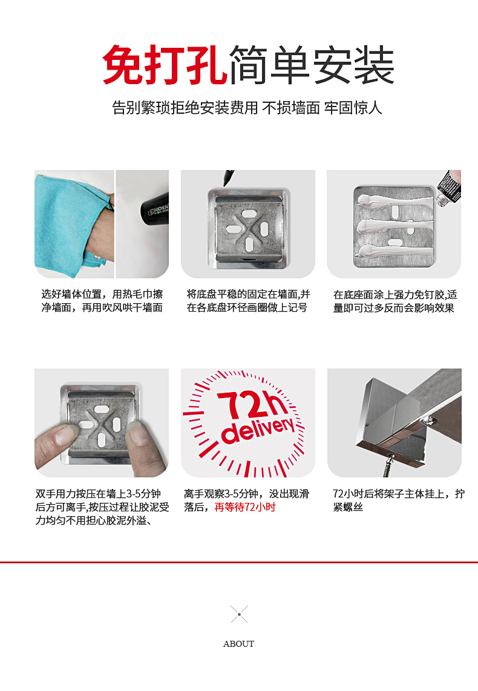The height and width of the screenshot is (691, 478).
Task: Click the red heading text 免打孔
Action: coord(165,65)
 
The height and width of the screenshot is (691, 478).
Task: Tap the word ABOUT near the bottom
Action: coord(239,644)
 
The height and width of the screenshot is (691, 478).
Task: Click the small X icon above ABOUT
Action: coord(239,614)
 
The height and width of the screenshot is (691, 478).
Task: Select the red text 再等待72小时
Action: coord(245,507)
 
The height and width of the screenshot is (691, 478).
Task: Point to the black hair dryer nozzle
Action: coord(154,207)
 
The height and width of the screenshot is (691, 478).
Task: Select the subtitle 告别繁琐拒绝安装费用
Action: coord(185,108)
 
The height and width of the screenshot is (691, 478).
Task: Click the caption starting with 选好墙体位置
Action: coord(102,301)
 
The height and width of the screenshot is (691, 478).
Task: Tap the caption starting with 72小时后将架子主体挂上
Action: coord(398,500)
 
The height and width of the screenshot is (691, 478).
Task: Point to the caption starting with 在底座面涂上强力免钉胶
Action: coord(395,301)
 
